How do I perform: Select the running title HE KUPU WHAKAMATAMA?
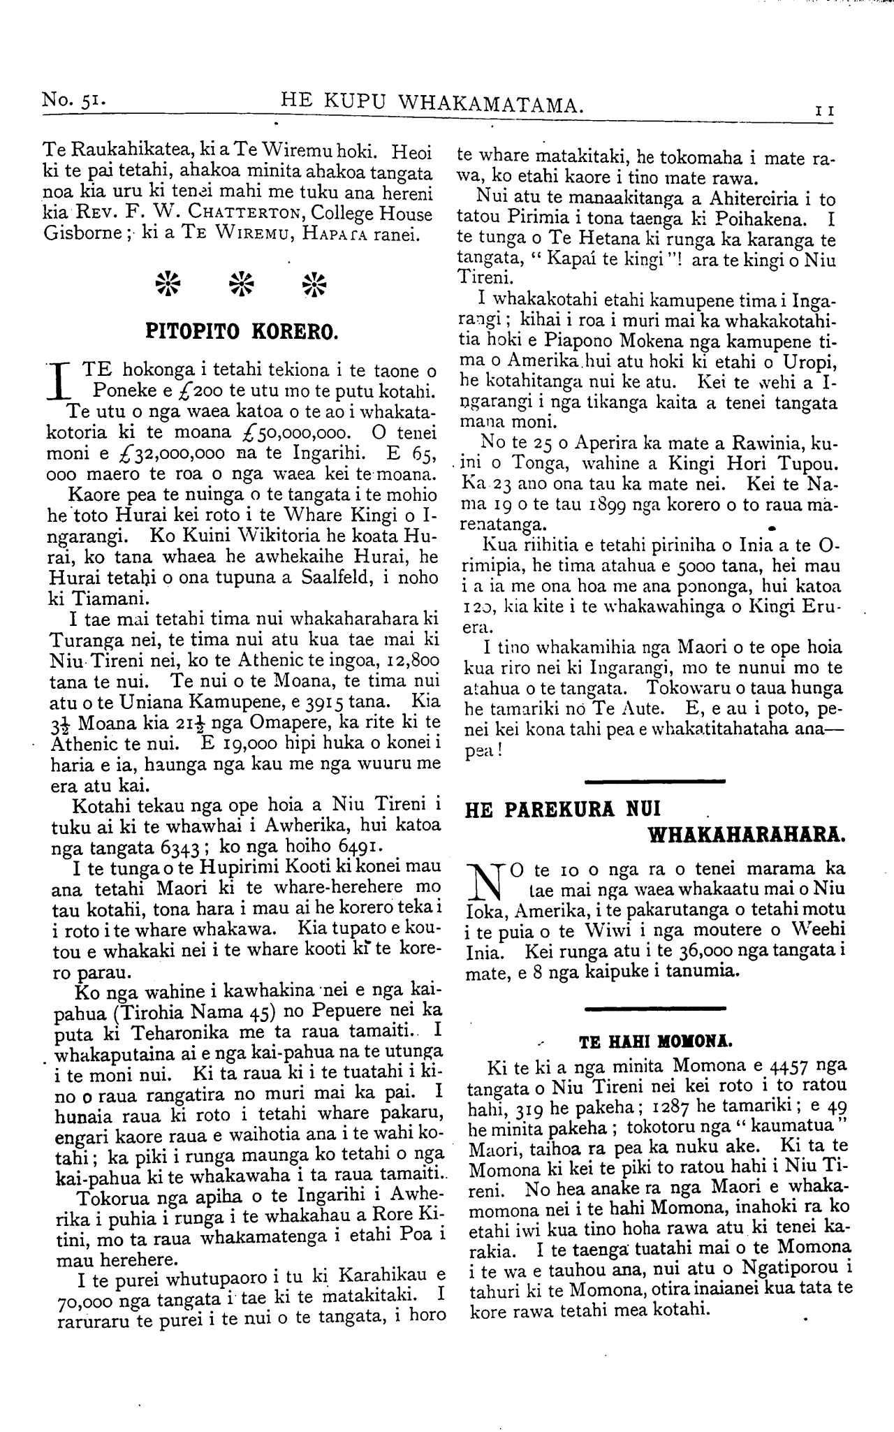(432, 105)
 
